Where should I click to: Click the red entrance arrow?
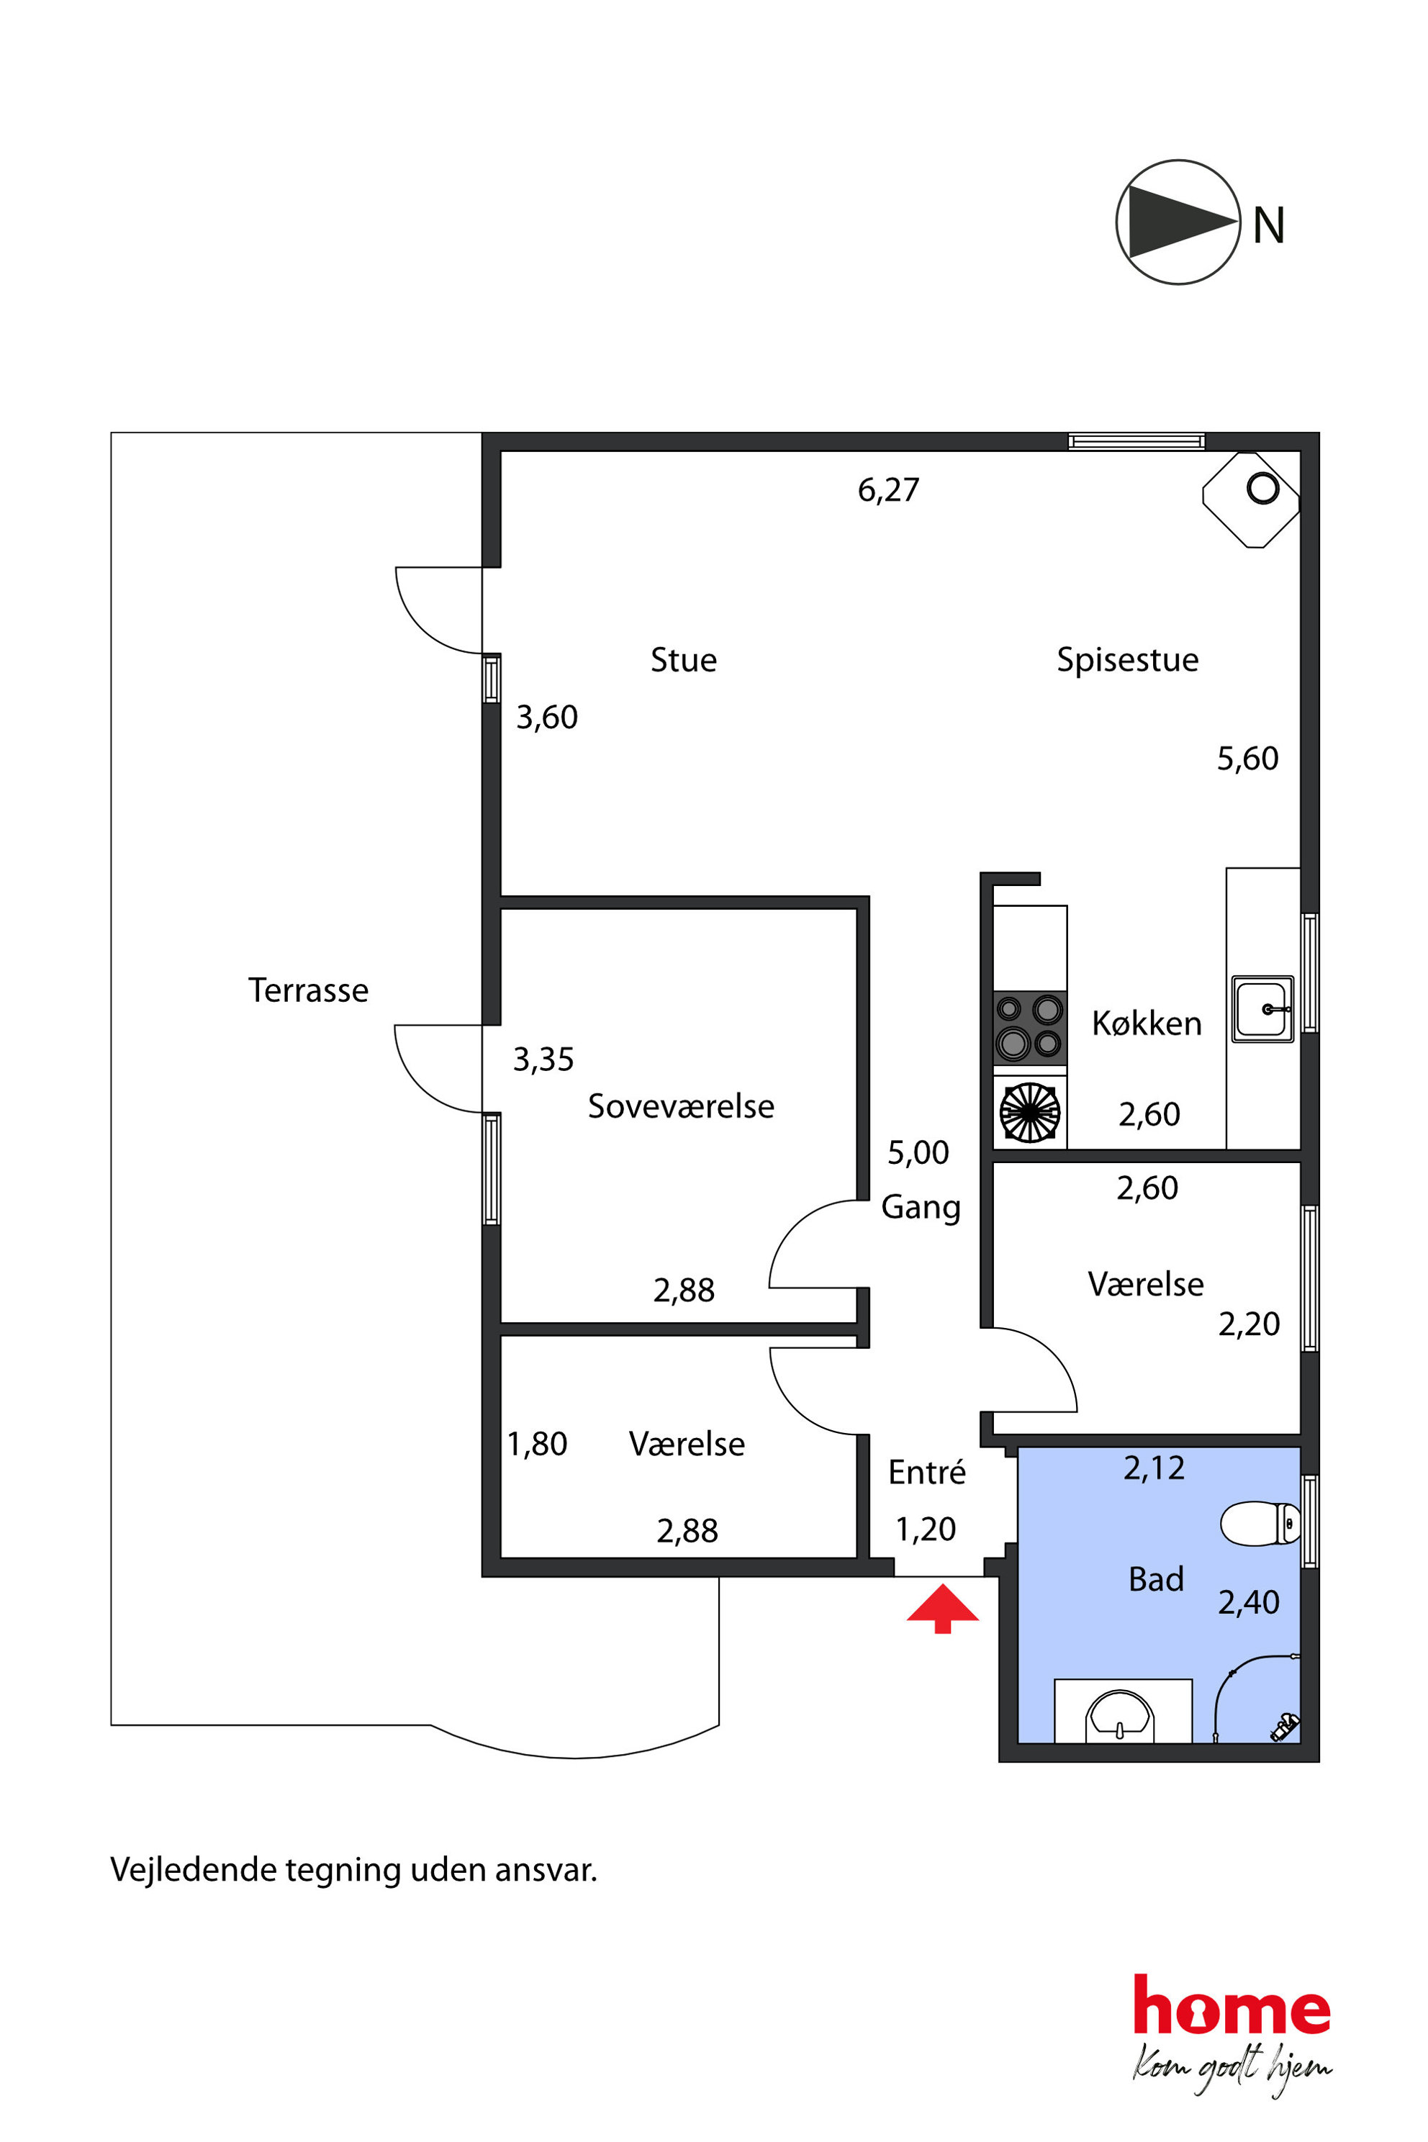click(943, 1609)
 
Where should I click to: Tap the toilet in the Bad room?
click(1260, 1524)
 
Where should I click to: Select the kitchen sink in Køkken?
click(1263, 1009)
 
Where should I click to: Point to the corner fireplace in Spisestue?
click(1252, 499)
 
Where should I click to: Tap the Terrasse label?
click(309, 990)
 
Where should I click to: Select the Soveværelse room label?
click(681, 1106)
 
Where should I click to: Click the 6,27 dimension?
click(889, 490)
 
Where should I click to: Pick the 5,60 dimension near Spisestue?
click(1247, 759)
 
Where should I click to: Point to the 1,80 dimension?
click(538, 1444)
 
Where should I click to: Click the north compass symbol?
click(1178, 222)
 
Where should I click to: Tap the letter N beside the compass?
click(1269, 225)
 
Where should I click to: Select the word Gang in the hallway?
click(921, 1208)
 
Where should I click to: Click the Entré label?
click(927, 1472)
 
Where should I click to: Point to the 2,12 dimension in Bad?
click(1154, 1468)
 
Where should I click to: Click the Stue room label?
click(684, 659)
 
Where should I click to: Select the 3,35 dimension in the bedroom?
click(543, 1059)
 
